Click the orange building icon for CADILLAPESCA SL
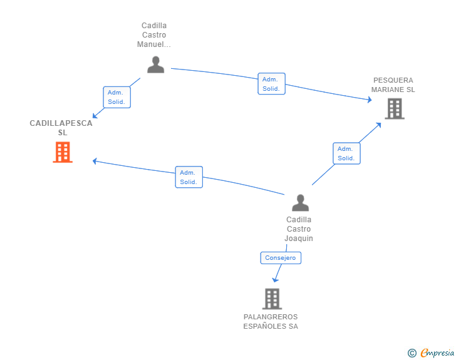click(x=63, y=152)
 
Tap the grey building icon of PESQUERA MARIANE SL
click(x=394, y=108)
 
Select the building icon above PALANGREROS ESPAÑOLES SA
click(x=272, y=299)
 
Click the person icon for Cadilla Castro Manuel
click(x=155, y=64)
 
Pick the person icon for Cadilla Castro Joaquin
click(x=301, y=203)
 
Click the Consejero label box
click(x=281, y=258)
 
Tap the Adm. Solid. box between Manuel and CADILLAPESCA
click(x=117, y=97)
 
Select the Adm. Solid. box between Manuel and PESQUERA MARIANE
click(x=271, y=84)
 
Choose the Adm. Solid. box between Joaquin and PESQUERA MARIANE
click(x=346, y=153)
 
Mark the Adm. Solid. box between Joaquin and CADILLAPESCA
click(x=189, y=177)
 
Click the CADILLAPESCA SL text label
click(x=61, y=128)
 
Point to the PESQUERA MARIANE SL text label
click(x=393, y=85)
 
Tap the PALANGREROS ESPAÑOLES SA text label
click(x=271, y=322)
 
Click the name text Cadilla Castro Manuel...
click(x=154, y=35)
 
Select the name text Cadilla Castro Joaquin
click(x=299, y=229)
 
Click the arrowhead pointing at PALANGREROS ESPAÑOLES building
click(x=275, y=279)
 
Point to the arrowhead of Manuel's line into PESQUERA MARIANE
click(x=369, y=100)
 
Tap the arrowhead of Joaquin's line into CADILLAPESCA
click(x=95, y=161)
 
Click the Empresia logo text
click(x=438, y=353)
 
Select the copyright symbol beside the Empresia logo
click(x=412, y=353)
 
